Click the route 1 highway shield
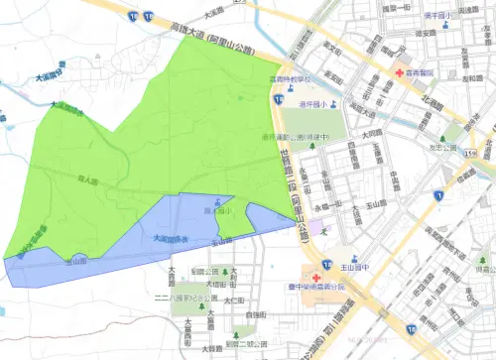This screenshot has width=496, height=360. click(437, 198)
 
